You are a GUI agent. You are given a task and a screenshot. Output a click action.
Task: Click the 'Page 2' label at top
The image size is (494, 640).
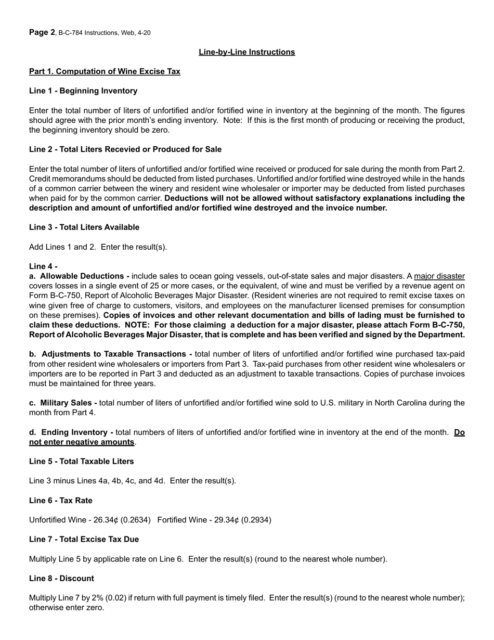tap(42, 32)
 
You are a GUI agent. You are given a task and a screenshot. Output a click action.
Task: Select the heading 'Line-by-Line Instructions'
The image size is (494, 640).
tap(246, 52)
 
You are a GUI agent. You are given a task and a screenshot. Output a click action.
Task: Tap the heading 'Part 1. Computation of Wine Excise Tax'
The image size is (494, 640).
tap(105, 71)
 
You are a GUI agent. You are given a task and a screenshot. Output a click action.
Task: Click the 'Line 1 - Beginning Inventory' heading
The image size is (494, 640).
tap(83, 91)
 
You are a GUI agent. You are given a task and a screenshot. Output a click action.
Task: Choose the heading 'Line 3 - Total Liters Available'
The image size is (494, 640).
tap(84, 227)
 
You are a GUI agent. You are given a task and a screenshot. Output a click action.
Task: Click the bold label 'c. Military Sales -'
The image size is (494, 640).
tap(63, 403)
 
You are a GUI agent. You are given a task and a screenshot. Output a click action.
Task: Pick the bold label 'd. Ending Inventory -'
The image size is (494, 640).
tap(71, 432)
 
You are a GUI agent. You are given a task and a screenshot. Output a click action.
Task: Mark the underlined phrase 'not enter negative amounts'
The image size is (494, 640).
tap(82, 442)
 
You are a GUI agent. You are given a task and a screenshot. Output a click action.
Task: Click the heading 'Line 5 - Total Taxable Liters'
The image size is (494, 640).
tap(81, 462)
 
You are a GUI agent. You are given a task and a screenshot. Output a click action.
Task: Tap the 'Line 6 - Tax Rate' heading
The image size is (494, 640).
tap(61, 501)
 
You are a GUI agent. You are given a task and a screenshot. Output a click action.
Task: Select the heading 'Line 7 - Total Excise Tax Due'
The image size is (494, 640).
tap(84, 540)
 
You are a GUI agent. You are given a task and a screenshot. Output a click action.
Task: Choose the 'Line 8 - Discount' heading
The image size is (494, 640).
tap(61, 579)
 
